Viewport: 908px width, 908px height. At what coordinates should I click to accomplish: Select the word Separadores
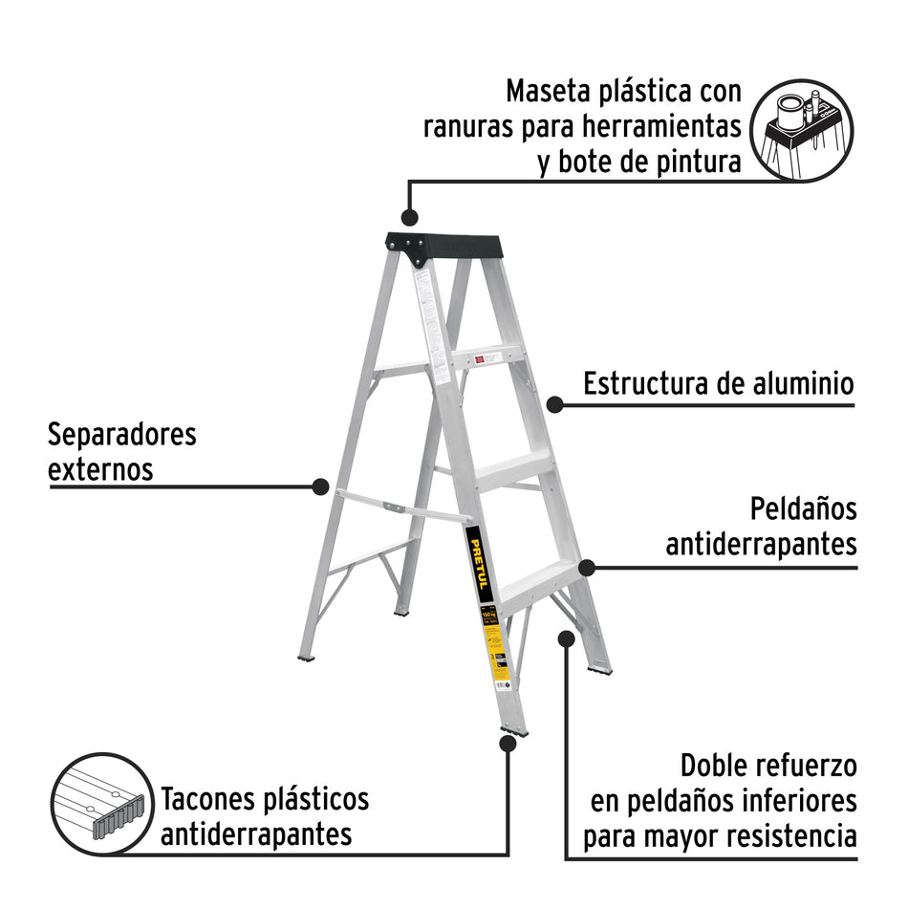(x=121, y=435)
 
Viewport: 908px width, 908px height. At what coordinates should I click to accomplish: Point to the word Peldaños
(x=803, y=508)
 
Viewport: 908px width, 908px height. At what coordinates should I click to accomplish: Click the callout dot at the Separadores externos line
(x=320, y=486)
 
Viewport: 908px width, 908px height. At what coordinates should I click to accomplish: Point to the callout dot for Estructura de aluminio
(x=554, y=404)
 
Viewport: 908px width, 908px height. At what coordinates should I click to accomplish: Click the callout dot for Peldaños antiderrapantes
(x=587, y=567)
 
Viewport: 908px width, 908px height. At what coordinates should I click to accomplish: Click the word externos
(x=100, y=470)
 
